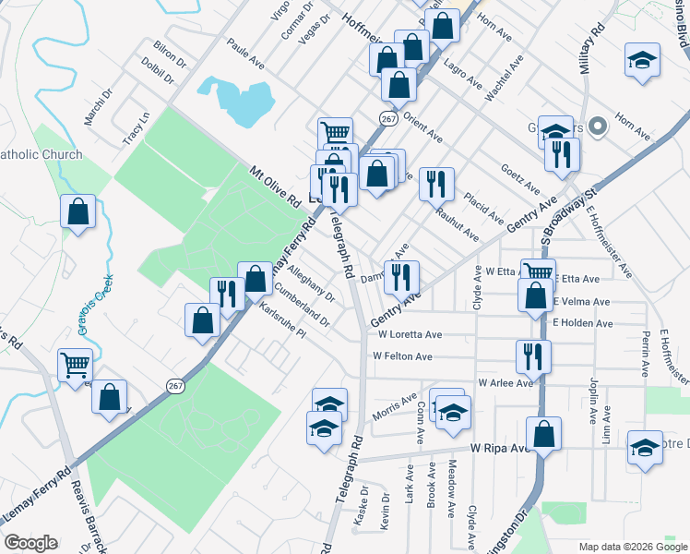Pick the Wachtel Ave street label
pyautogui.click(x=505, y=78)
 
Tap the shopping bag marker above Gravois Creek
pyautogui.click(x=78, y=211)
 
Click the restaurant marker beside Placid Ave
pyautogui.click(x=435, y=183)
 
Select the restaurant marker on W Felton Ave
pyautogui.click(x=533, y=355)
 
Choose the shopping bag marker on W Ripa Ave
pyautogui.click(x=543, y=433)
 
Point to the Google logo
pyautogui.click(x=30, y=543)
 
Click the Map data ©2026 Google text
pyautogui.click(x=632, y=547)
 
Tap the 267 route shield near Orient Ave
pyautogui.click(x=387, y=117)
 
